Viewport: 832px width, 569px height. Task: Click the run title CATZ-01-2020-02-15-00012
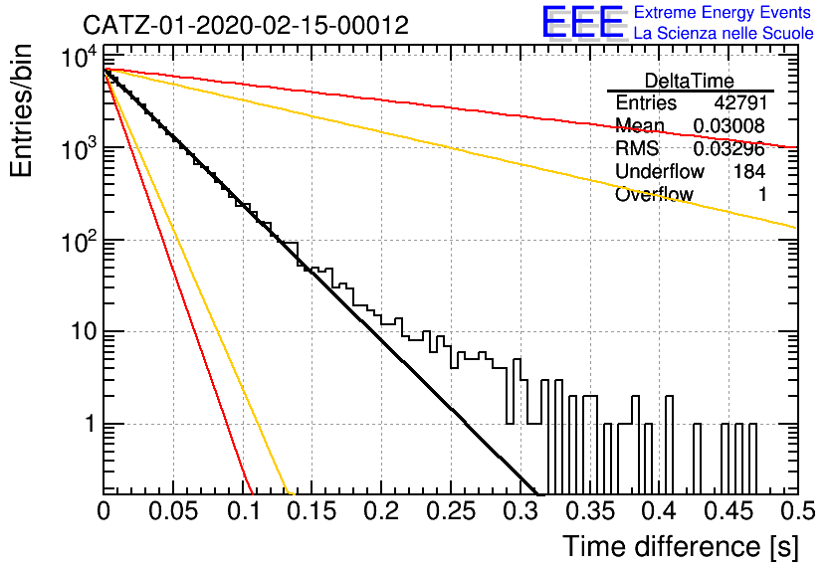pos(246,25)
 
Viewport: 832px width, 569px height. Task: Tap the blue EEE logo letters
pos(583,22)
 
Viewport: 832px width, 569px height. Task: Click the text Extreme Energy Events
pos(723,12)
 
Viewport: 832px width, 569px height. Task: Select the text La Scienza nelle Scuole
pos(724,33)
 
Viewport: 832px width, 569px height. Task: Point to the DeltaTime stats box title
pos(690,81)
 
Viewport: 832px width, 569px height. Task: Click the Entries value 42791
pos(740,102)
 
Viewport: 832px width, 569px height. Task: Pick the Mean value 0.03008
pos(729,125)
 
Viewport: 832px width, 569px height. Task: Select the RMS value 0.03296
pos(729,149)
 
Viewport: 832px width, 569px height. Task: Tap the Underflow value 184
pos(749,171)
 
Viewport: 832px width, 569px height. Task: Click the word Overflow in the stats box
pos(654,194)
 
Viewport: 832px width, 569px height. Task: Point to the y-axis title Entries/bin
pos(22,110)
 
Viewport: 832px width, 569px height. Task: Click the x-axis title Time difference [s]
pos(681,546)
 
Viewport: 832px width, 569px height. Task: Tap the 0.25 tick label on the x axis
pos(451,511)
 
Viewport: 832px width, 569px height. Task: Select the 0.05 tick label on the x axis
pos(173,511)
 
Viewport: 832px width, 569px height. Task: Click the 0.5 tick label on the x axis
pos(797,511)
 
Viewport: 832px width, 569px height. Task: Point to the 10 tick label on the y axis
pos(85,332)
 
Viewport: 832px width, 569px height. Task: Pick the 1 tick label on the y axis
pos(92,424)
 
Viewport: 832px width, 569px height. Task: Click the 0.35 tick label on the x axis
pos(589,511)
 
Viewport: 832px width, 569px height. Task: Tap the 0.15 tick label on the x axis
pos(312,511)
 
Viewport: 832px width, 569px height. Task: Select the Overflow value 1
pos(762,194)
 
